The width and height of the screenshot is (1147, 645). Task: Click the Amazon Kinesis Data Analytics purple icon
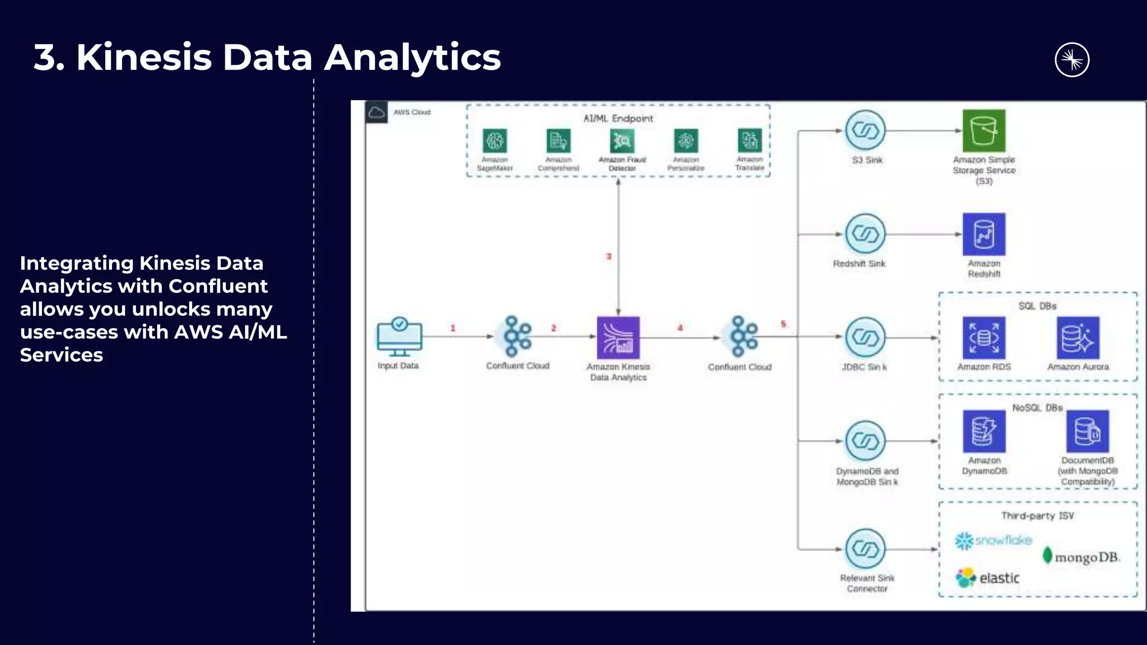tap(618, 338)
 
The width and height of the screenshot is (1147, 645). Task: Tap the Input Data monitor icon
tap(399, 336)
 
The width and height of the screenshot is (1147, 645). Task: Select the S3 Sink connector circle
tap(865, 130)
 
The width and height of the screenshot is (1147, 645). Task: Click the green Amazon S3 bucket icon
tap(983, 130)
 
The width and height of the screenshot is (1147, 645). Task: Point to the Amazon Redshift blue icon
tap(983, 234)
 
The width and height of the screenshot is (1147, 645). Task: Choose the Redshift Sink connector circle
tap(865, 234)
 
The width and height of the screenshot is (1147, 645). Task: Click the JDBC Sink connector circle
tap(865, 338)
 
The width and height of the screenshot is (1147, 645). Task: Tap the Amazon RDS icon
tap(983, 338)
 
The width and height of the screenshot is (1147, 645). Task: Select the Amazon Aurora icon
tap(1078, 338)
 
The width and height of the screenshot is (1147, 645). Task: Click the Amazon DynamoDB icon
tap(983, 431)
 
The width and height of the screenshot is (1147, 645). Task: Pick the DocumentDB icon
tap(1087, 431)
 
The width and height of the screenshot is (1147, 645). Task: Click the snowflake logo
tap(993, 540)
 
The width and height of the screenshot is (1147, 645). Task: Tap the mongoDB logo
tap(1080, 557)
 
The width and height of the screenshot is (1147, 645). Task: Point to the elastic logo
tap(988, 578)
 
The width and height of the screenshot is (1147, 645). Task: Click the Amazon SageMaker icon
tap(495, 141)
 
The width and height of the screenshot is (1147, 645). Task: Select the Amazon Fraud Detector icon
tap(622, 141)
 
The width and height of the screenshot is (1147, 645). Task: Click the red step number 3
tap(609, 256)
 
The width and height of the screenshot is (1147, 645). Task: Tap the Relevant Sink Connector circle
tap(865, 549)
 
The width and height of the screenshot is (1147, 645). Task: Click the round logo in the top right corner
tap(1071, 60)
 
